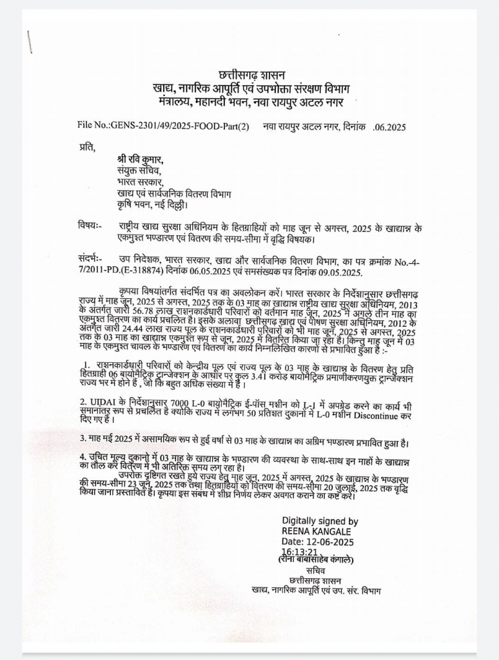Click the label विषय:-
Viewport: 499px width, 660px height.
coord(90,226)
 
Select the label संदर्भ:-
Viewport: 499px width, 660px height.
coord(91,258)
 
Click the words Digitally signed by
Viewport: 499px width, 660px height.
coord(320,521)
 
